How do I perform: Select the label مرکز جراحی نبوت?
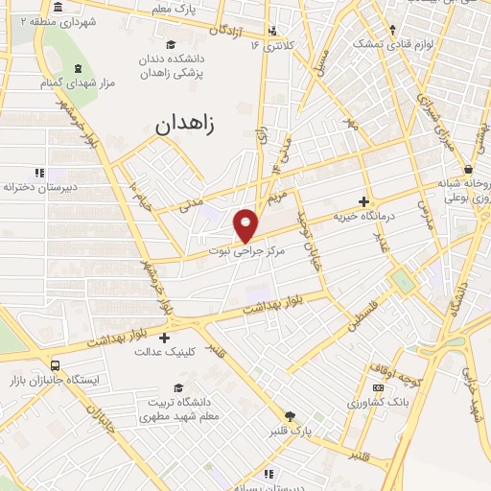[245, 248]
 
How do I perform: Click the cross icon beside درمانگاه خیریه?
[362, 201]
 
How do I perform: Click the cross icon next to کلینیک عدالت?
[165, 338]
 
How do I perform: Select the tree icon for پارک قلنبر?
[291, 415]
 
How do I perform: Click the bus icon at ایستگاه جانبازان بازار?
[55, 365]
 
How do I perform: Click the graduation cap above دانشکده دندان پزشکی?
[171, 44]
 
